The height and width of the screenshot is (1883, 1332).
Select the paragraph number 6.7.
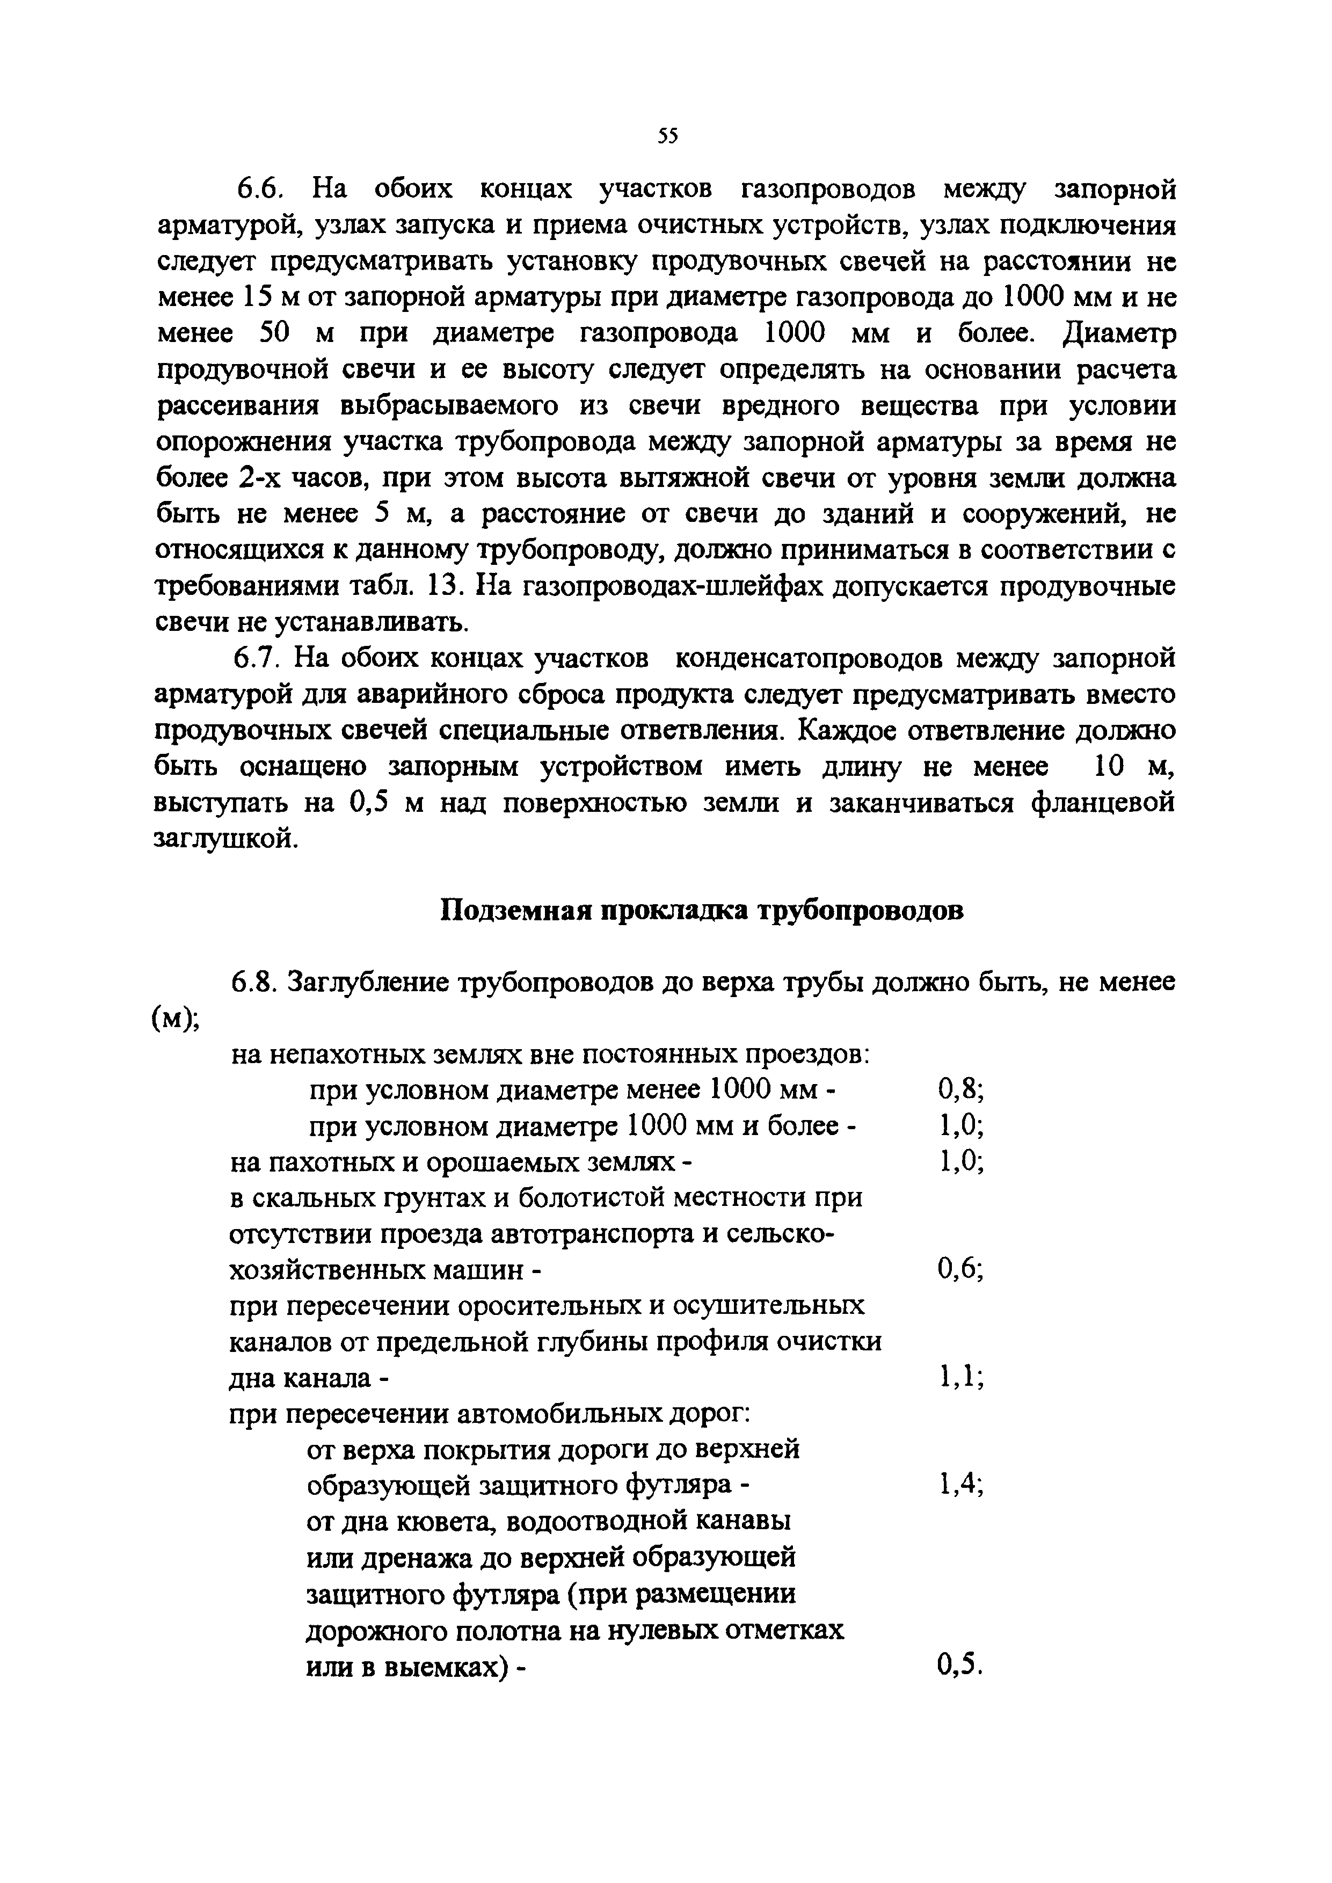click(258, 659)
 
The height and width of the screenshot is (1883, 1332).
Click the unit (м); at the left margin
click(178, 1018)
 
